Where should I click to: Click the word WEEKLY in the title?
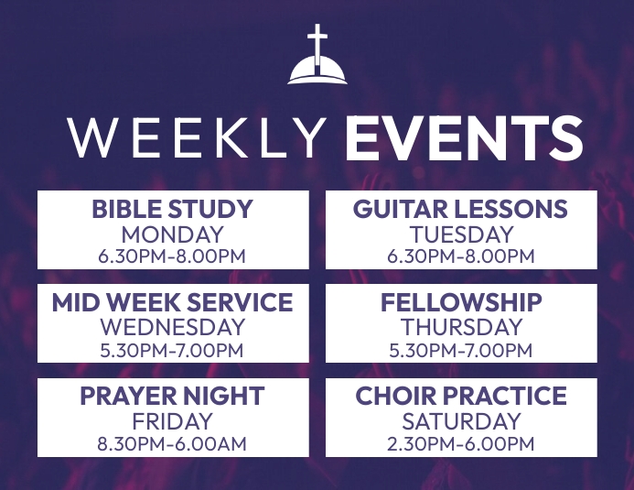pos(197,138)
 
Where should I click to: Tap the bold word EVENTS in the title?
pos(464,138)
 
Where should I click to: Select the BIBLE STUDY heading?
pos(172,209)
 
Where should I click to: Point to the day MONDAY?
pos(172,234)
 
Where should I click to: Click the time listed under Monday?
pos(172,256)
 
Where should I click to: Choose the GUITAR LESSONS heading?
pos(460,209)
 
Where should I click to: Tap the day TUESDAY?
pos(460,234)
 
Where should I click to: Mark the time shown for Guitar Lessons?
pos(460,256)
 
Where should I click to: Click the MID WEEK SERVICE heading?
pos(172,302)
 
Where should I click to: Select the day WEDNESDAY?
pos(172,327)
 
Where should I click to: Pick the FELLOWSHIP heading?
pos(461,302)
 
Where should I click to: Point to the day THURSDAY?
pos(461,327)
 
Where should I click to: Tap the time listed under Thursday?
pos(461,350)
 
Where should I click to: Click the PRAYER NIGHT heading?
pos(172,397)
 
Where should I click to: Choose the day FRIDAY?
pos(172,422)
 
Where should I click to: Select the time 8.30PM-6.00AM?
pos(172,444)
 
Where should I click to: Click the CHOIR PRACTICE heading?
pos(461,397)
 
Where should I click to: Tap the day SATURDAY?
pos(461,422)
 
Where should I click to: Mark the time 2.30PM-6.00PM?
pos(461,444)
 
